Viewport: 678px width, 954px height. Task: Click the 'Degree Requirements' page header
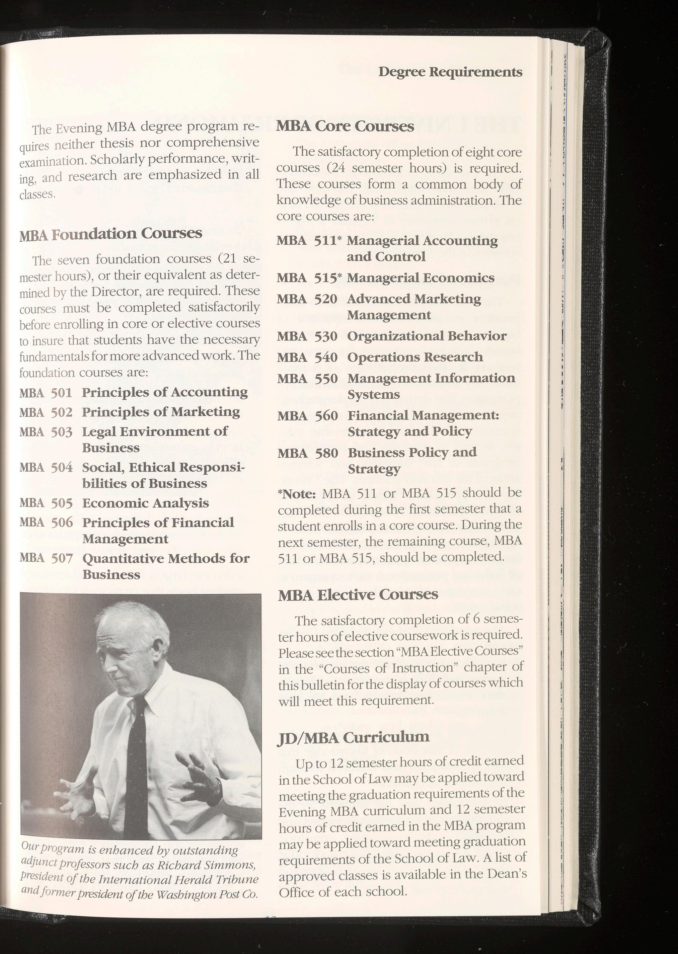coord(450,72)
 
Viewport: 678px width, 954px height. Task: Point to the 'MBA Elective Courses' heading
coord(358,594)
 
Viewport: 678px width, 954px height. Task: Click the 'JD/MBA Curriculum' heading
coord(353,736)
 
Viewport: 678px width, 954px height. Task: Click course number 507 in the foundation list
coord(62,558)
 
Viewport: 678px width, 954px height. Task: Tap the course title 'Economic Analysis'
coord(145,503)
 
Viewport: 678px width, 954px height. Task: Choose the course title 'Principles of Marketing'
coord(161,412)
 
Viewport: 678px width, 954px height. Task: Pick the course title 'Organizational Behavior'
coord(427,336)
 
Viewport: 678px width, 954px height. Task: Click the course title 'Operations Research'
coord(415,357)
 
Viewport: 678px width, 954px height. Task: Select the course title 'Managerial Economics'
coord(421,278)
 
